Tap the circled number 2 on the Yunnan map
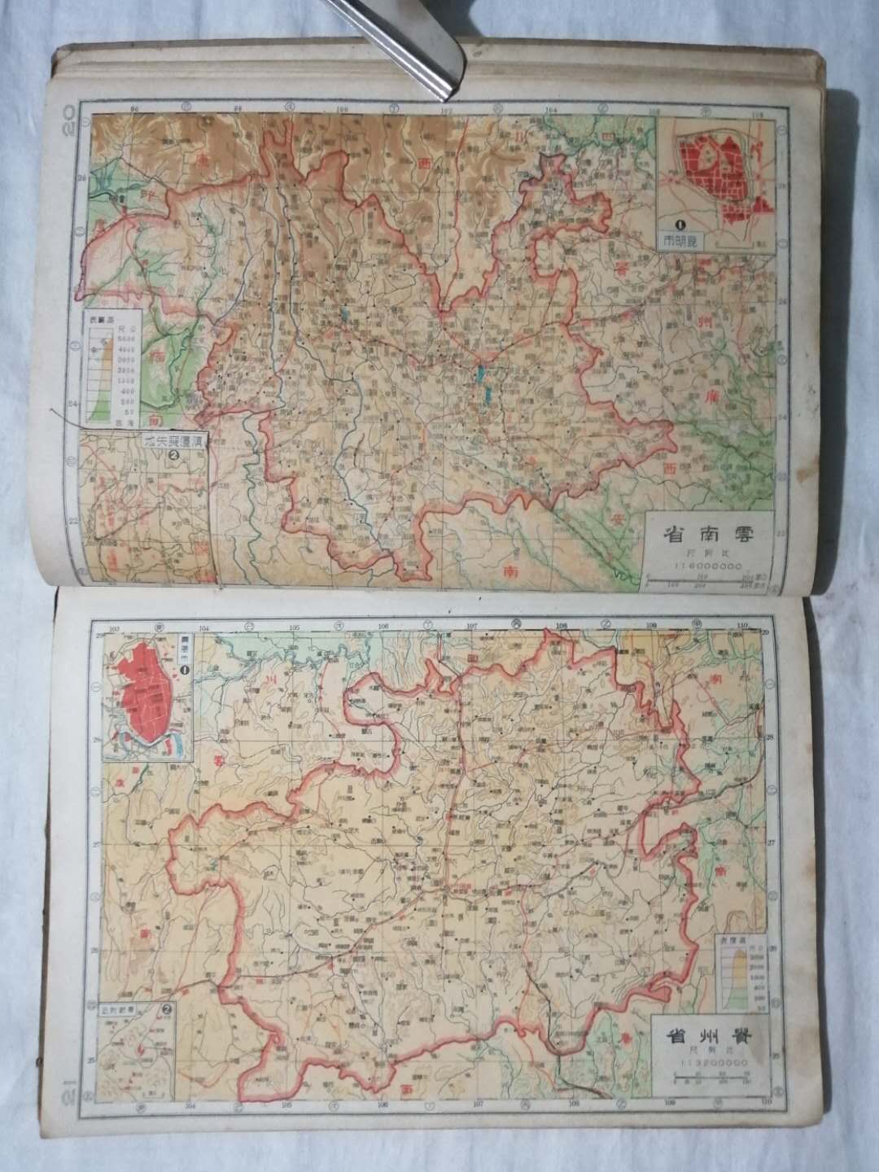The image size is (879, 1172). [172, 456]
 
